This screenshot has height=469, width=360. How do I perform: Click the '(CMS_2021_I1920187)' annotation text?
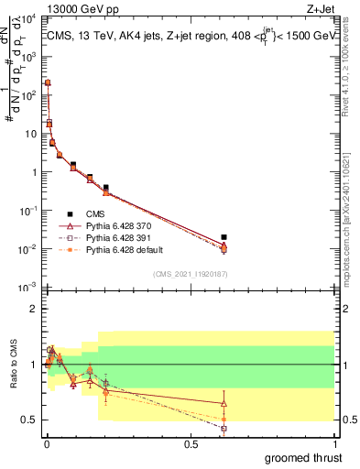(x=191, y=274)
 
